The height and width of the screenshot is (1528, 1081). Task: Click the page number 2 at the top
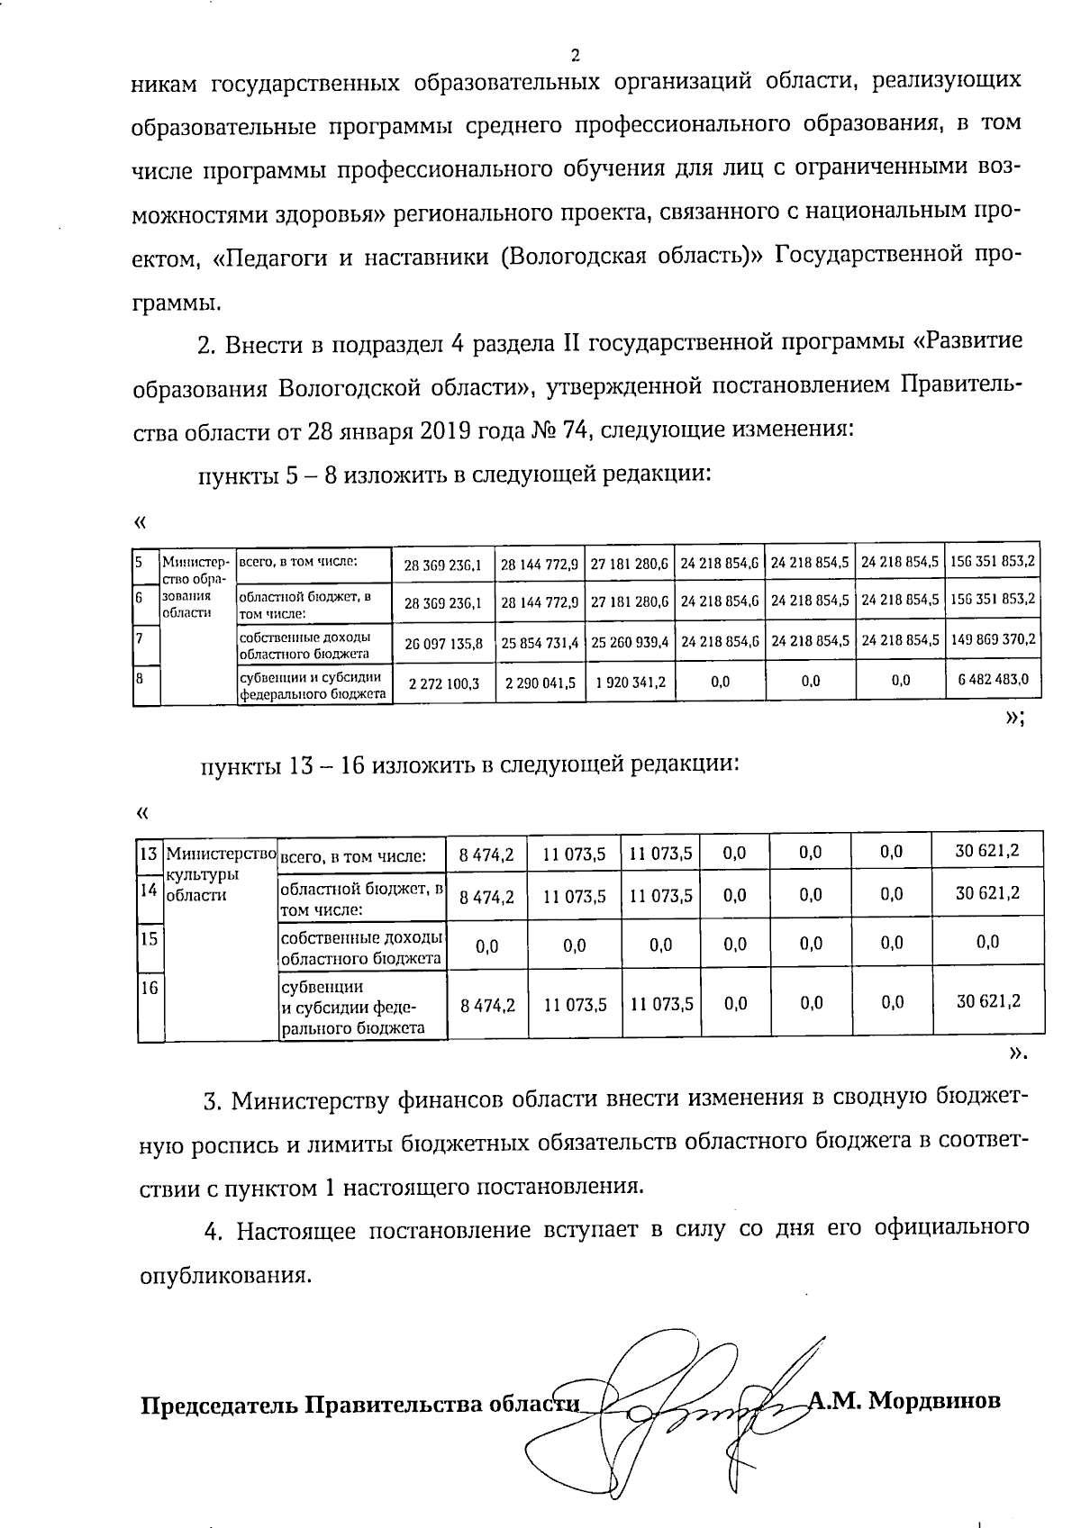[575, 55]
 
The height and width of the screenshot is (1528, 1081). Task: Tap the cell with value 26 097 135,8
[443, 644]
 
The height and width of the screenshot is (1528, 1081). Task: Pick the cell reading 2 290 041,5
[540, 683]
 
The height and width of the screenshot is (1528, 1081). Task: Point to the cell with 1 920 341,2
[629, 682]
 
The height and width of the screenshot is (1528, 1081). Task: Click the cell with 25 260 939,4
[629, 644]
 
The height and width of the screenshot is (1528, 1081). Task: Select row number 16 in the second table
[149, 988]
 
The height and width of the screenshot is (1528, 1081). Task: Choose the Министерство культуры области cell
[220, 873]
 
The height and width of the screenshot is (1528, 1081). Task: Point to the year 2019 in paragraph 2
[441, 430]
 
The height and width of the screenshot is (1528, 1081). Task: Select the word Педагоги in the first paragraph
[273, 257]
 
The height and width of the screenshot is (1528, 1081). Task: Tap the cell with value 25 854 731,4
[540, 644]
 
